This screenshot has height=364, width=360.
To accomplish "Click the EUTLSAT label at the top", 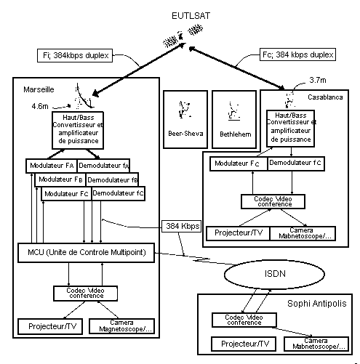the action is click(191, 16).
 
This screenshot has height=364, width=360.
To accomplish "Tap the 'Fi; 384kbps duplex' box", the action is click(75, 55).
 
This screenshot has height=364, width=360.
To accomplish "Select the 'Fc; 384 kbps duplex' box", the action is click(297, 54).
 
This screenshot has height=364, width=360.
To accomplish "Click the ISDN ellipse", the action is click(274, 274).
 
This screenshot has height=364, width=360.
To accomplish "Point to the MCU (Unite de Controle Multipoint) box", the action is click(87, 253).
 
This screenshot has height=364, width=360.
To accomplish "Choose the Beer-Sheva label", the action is click(185, 134).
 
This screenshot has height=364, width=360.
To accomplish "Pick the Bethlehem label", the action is click(236, 134).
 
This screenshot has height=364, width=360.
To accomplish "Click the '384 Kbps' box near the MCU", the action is click(181, 226).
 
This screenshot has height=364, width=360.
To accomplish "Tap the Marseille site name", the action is click(39, 89).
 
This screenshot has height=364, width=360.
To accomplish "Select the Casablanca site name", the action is click(325, 97).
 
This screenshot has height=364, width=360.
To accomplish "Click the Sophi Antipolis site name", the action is click(317, 304).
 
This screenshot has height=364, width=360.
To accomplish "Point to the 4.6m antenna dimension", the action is click(40, 106).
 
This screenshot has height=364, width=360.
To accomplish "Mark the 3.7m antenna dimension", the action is click(318, 80).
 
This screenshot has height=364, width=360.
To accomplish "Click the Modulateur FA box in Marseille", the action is click(52, 166).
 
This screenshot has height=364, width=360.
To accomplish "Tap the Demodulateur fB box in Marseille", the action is click(112, 179).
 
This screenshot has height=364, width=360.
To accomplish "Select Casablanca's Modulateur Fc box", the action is click(239, 163).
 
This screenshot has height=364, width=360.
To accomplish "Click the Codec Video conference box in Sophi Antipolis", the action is click(244, 320).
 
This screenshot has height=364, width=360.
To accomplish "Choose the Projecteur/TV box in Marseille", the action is click(50, 326).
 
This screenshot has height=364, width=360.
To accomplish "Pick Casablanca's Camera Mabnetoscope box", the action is click(303, 233).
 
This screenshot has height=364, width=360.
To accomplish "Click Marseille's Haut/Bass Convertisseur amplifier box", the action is click(78, 130).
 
